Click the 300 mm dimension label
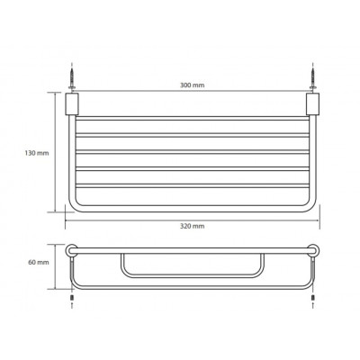click(192, 85)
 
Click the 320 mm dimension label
click(192, 226)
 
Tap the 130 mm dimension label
click(37, 153)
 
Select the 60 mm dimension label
click(39, 262)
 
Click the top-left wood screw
click(72, 76)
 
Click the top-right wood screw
click(313, 76)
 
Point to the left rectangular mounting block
click(72, 103)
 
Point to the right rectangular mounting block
click(312, 103)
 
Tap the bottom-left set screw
click(72, 298)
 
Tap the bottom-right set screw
click(313, 298)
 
